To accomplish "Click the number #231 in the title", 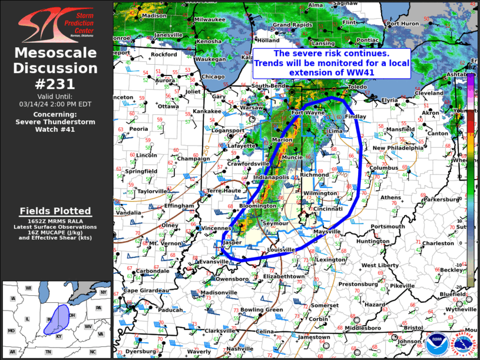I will click(x=56, y=84).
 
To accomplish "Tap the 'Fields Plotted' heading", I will click(x=55, y=211).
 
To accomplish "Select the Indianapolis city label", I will click(x=272, y=177).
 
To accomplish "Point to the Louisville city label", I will click(x=281, y=250).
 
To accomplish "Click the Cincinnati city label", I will click(x=329, y=209).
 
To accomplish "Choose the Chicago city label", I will click(x=213, y=77).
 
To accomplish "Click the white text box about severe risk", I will click(x=331, y=62).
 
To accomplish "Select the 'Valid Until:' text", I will click(x=56, y=95).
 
